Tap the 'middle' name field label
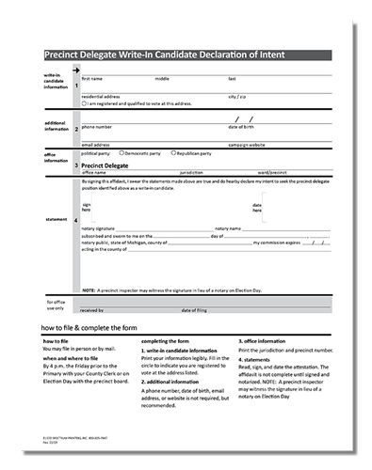tap(162, 79)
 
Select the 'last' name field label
tap(231, 79)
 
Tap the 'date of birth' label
tap(242, 126)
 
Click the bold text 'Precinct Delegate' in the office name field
tap(108, 164)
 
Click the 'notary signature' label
tap(98, 227)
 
